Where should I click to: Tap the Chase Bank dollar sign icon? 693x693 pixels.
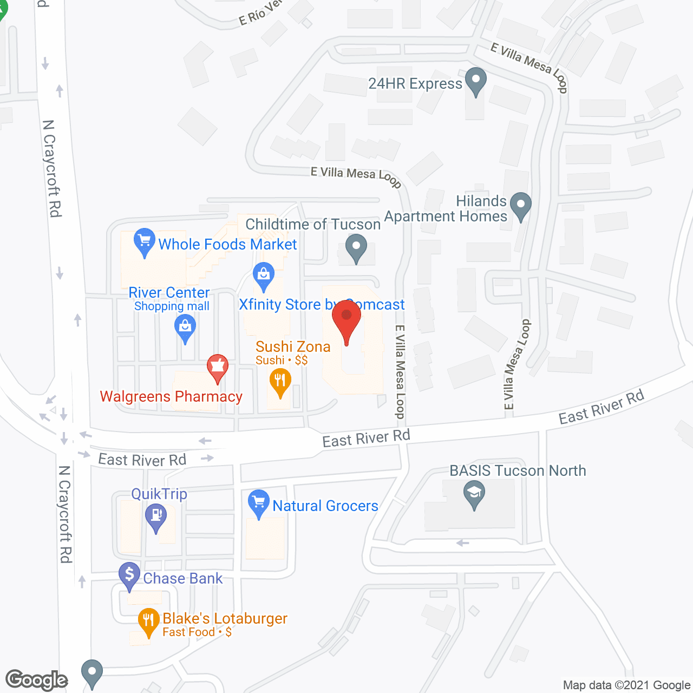pyautogui.click(x=129, y=575)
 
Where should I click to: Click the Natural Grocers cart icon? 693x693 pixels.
pyautogui.click(x=259, y=502)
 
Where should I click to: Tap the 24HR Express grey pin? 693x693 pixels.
pyautogui.click(x=476, y=81)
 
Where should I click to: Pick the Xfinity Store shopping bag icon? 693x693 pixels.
pyautogui.click(x=264, y=275)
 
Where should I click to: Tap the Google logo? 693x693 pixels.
pyautogui.click(x=36, y=680)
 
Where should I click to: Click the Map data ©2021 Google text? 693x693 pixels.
pyautogui.click(x=626, y=685)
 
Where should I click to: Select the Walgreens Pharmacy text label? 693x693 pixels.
pyautogui.click(x=171, y=397)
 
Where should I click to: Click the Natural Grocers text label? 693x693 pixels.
pyautogui.click(x=325, y=506)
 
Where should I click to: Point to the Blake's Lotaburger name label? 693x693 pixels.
pyautogui.click(x=225, y=618)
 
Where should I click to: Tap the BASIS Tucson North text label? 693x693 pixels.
pyautogui.click(x=518, y=470)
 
